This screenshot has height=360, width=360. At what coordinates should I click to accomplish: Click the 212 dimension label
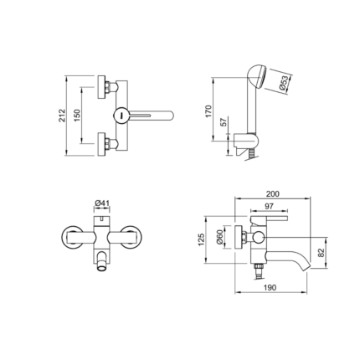click(x=62, y=116)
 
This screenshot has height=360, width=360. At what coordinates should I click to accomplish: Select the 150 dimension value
click(x=77, y=115)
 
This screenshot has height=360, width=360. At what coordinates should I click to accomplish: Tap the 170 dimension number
click(x=208, y=111)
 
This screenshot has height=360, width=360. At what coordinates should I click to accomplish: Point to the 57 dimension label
click(x=224, y=122)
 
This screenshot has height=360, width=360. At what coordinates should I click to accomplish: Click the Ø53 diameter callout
click(x=284, y=83)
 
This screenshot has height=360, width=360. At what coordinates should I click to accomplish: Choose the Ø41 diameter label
click(x=101, y=203)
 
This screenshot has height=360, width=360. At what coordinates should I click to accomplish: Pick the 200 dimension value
click(x=272, y=194)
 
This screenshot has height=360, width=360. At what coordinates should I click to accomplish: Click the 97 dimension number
click(x=269, y=206)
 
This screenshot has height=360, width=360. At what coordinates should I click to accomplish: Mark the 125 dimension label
click(x=201, y=239)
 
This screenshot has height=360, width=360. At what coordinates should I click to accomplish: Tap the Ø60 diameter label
click(x=219, y=237)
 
